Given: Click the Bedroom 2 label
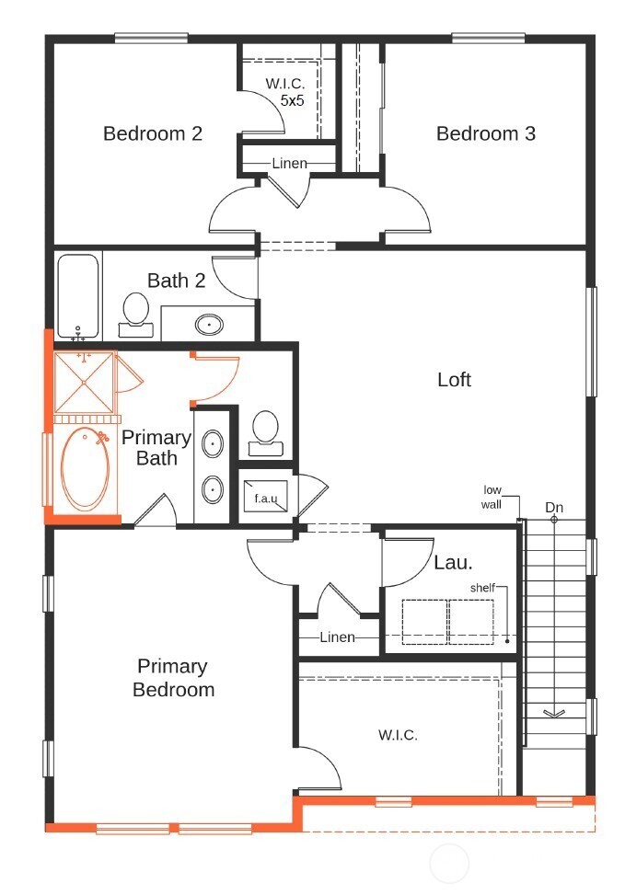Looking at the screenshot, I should [x=153, y=133].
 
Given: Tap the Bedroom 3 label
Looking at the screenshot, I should [x=485, y=133].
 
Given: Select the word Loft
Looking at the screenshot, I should [x=454, y=379].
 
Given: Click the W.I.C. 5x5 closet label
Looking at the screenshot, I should [x=284, y=92].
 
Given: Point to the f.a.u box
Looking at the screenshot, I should [x=266, y=499].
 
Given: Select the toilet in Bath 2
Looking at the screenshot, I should [x=136, y=310].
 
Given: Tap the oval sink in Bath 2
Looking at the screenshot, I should [x=211, y=324].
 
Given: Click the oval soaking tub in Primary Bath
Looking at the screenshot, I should [x=85, y=468].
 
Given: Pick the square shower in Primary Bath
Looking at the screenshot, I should [x=84, y=381].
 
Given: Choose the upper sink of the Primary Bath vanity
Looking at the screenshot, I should [x=213, y=445].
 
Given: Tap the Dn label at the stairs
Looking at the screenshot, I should [x=554, y=507].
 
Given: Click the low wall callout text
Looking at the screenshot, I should [x=492, y=497].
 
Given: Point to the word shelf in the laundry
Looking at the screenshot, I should [x=483, y=587].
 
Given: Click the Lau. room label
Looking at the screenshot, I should [x=453, y=562].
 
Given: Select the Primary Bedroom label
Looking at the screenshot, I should [x=173, y=678].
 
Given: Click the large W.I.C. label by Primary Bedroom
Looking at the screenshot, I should [x=398, y=735].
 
